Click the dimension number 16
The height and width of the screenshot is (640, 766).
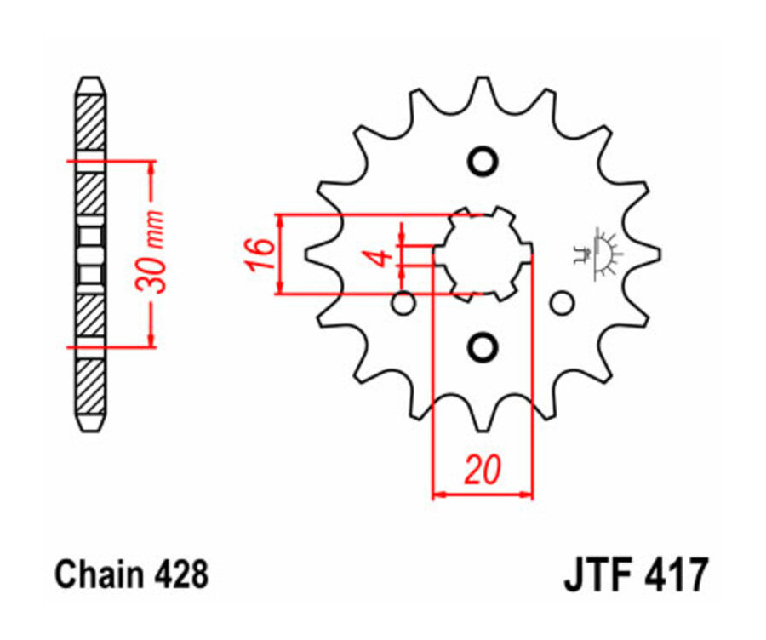click(x=261, y=254)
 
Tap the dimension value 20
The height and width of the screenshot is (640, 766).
click(x=482, y=470)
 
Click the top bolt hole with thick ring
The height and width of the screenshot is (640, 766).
click(x=483, y=161)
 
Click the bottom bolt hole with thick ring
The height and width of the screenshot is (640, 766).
click(x=483, y=346)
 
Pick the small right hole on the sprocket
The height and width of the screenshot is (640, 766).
click(x=561, y=303)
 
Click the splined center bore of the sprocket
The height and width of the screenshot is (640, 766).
click(x=483, y=253)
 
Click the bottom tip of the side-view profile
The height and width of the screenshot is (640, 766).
click(x=90, y=428)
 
